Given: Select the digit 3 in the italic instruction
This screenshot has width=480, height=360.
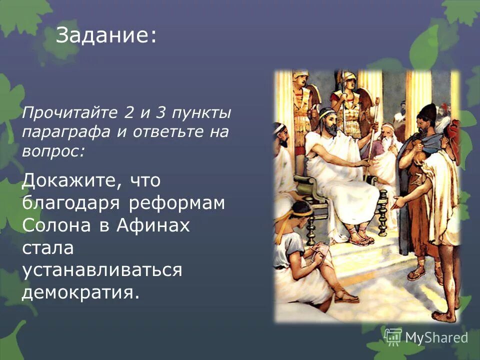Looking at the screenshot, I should (160, 113).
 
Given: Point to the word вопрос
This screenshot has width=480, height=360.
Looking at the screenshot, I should (52, 152).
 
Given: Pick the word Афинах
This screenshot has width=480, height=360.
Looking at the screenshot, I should (153, 225).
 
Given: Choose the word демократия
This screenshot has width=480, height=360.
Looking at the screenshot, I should (80, 292).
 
